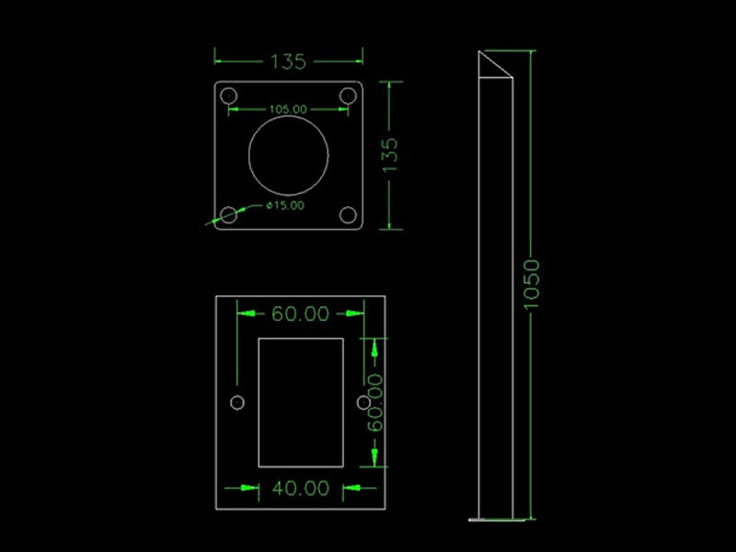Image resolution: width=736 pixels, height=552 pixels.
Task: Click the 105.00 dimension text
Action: (x=288, y=109)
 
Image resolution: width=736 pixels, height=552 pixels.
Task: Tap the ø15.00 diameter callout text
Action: (x=285, y=205)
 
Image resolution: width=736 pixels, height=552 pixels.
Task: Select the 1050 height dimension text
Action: (x=532, y=284)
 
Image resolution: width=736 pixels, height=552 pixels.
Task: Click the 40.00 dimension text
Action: (x=301, y=489)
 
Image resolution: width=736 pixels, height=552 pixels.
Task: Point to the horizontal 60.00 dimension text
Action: (x=301, y=314)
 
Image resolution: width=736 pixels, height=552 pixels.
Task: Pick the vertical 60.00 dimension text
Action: (x=375, y=402)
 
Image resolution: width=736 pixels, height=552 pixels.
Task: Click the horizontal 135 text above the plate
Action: (x=288, y=62)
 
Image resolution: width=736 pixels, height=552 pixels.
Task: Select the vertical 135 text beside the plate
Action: (x=389, y=155)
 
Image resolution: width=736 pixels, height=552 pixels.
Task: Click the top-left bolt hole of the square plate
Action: (x=228, y=97)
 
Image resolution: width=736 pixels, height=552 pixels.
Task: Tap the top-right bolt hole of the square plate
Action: (x=348, y=97)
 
